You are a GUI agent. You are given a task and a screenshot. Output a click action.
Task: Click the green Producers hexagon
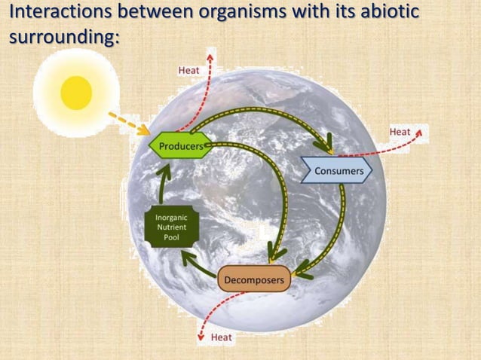click(x=179, y=145)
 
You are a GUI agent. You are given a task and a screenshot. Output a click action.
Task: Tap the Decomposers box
click(x=254, y=280)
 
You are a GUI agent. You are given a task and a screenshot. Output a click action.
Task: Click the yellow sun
click(x=76, y=93)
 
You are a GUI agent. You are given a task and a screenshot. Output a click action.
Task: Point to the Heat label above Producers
click(x=188, y=70)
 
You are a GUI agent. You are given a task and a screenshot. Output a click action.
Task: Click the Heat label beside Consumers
click(x=400, y=132)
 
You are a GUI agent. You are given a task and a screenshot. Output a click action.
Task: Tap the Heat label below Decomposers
click(x=222, y=337)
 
